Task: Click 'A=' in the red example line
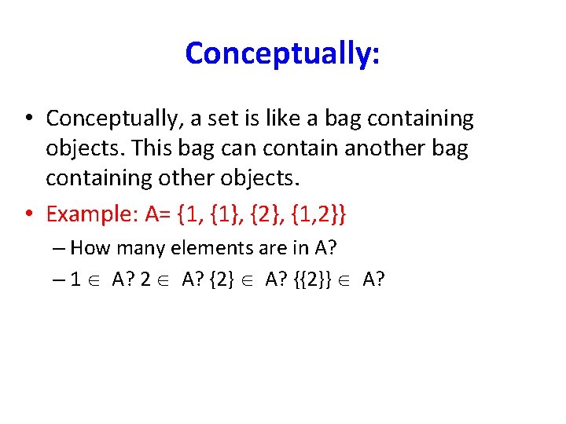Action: click(x=155, y=214)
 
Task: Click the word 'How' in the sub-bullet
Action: click(x=90, y=248)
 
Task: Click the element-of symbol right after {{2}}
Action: click(x=347, y=280)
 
